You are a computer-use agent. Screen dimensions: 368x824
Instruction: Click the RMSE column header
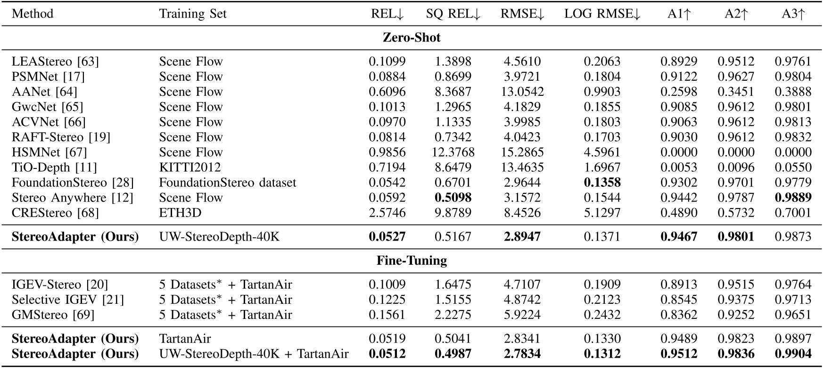click(522, 14)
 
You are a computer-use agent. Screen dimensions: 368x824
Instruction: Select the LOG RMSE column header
click(602, 14)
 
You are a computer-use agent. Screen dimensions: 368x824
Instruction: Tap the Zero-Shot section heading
click(412, 38)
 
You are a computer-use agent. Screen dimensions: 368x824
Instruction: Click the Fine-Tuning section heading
click(412, 260)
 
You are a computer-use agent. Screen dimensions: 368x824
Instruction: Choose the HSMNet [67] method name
click(49, 152)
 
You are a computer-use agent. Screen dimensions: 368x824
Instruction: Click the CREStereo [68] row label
click(55, 213)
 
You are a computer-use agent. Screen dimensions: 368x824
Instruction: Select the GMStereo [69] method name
click(53, 315)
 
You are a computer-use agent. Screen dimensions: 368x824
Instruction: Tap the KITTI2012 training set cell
click(190, 167)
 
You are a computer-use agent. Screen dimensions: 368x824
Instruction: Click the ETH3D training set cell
click(180, 213)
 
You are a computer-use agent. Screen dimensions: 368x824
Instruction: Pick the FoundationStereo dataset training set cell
click(228, 182)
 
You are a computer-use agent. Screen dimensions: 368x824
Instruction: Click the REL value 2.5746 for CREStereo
click(387, 213)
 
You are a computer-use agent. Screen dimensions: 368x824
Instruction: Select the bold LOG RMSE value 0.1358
click(602, 182)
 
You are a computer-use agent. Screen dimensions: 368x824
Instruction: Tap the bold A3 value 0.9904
click(793, 354)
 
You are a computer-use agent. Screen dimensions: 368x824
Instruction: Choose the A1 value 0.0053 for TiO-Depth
click(678, 167)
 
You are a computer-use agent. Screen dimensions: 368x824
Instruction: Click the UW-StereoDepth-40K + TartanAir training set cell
click(254, 354)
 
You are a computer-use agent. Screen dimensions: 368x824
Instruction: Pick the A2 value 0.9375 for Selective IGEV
click(736, 300)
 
